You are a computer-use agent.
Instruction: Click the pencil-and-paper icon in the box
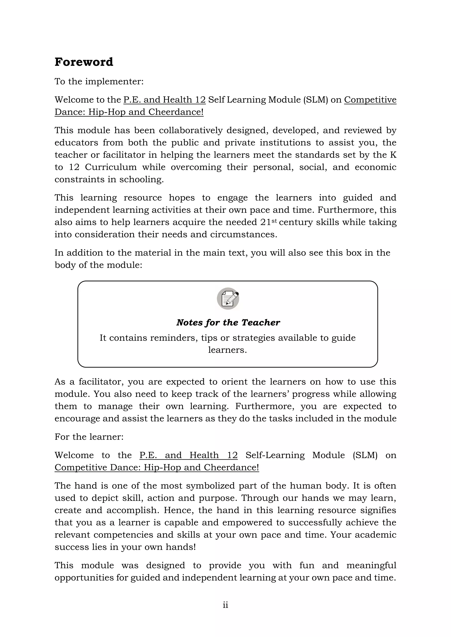pyautogui.click(x=228, y=298)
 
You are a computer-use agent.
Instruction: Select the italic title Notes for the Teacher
pyautogui.click(x=228, y=322)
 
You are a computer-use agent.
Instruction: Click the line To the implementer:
pyautogui.click(x=99, y=82)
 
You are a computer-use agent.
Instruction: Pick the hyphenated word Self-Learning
pyautogui.click(x=275, y=455)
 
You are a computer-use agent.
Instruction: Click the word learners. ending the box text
pyautogui.click(x=227, y=350)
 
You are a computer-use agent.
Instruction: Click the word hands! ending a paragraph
pyautogui.click(x=181, y=547)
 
